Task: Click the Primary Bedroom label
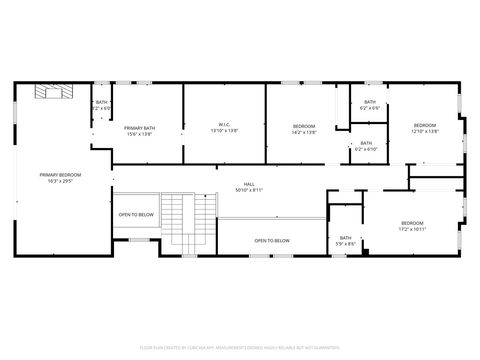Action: tap(60, 174)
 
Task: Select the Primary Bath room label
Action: tap(139, 127)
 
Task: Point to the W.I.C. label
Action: tap(224, 125)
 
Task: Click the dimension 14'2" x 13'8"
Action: tap(304, 132)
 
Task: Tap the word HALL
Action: tap(249, 184)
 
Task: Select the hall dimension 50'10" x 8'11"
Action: tap(249, 190)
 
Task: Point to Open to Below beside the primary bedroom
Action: tap(136, 215)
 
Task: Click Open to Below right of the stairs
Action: tap(272, 240)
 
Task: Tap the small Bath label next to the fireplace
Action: tap(101, 103)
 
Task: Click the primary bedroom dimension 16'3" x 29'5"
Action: tap(60, 181)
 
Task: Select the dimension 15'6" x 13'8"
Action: tap(139, 133)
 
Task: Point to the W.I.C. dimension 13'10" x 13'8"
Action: tap(224, 132)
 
